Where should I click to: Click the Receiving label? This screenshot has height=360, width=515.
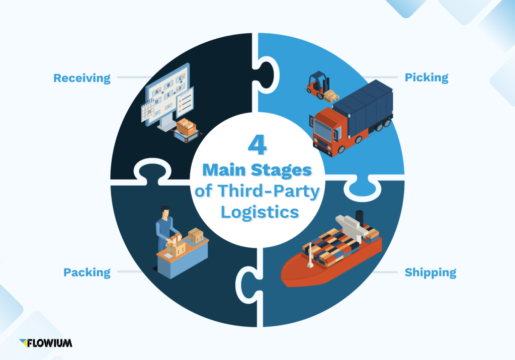pos(81,78)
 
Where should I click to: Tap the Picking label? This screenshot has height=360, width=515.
pos(426,78)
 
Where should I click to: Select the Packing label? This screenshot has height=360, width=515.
pos(87,273)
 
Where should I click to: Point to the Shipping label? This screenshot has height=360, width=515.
pos(430,273)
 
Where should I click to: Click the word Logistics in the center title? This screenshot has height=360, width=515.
pos(257,211)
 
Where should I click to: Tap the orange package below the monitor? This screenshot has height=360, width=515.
pos(186,127)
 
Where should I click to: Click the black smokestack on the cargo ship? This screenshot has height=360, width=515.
pos(359,218)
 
